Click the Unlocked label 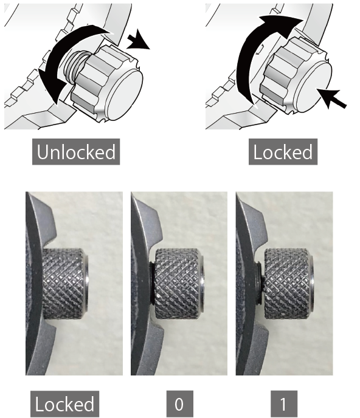[76, 152]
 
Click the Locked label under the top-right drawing [283, 152]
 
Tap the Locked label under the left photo [64, 404]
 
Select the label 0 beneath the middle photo [179, 404]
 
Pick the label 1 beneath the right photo [284, 404]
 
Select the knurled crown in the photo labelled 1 [289, 284]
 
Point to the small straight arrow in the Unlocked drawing [138, 41]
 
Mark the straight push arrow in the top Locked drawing [331, 98]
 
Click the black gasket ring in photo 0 [151, 284]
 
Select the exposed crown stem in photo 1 [262, 284]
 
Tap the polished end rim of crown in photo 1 [311, 284]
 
